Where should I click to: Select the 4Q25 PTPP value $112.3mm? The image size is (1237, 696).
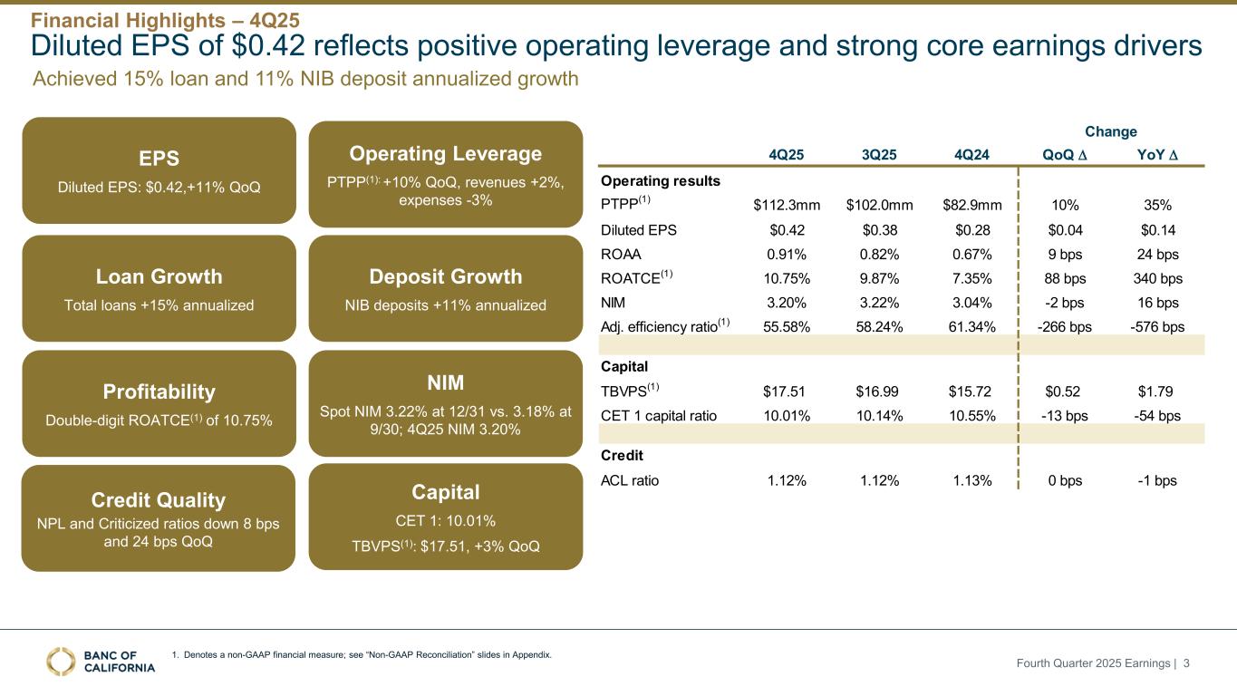point(787,204)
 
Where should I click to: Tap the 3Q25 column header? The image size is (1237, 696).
point(878,154)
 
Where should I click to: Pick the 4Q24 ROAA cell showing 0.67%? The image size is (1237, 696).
point(972,255)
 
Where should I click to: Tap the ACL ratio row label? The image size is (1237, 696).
point(630,480)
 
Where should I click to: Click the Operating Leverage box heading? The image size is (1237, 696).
point(445,153)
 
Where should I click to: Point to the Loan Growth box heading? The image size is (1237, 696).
point(159,276)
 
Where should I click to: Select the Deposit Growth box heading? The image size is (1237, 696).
point(445,276)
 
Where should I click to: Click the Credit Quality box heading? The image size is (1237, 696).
point(159,499)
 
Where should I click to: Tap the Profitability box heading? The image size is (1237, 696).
point(159,391)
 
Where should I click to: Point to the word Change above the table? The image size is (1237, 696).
point(1112,131)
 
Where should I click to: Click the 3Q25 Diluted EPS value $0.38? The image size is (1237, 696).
point(878,229)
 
